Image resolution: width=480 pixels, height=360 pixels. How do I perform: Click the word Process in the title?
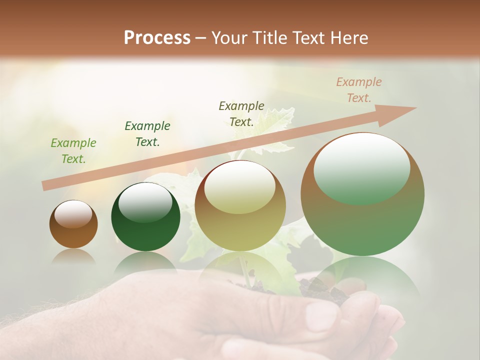coord(157,37)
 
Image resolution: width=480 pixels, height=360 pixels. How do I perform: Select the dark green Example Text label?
coord(147,134)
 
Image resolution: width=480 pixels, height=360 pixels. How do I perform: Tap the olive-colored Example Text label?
coord(241,113)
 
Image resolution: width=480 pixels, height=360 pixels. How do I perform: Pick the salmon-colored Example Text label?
coord(358,90)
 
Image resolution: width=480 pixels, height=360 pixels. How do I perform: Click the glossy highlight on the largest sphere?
coord(361,167)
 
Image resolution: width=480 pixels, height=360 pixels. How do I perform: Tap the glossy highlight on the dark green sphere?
coord(145,202)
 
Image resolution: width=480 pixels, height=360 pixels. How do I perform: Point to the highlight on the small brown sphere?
coord(73,214)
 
